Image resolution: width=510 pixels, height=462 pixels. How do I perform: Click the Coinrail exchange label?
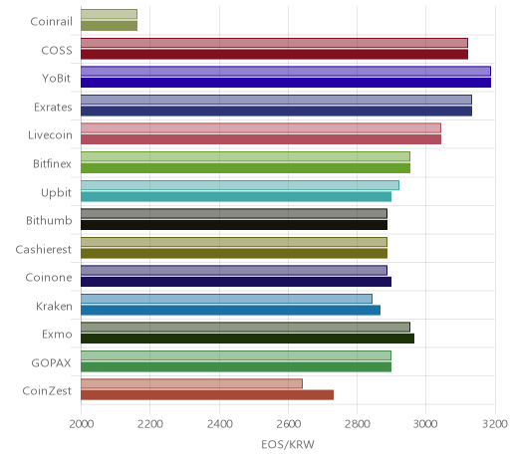[51, 22]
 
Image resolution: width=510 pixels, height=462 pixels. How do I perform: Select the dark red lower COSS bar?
[274, 54]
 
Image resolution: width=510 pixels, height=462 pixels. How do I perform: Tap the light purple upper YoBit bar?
[286, 71]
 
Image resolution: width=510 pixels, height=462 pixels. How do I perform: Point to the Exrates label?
[53, 108]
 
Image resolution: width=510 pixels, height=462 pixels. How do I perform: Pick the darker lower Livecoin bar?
[261, 139]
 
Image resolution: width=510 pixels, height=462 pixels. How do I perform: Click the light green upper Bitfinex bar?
[245, 156]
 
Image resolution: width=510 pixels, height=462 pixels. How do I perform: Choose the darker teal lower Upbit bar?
[236, 196]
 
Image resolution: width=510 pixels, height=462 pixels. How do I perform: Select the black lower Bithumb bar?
[234, 225]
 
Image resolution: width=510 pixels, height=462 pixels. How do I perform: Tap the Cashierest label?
[43, 249]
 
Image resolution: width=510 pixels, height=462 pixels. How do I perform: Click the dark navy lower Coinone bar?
[236, 282]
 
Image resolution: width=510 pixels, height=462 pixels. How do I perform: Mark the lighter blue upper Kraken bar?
[226, 299]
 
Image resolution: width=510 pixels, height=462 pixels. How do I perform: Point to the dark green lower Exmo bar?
[247, 339]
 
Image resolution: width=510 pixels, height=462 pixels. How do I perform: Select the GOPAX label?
[51, 363]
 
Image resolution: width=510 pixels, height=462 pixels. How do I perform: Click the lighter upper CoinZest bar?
[191, 383]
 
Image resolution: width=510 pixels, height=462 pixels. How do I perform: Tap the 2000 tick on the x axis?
[82, 424]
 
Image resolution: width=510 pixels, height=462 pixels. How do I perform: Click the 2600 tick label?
[288, 424]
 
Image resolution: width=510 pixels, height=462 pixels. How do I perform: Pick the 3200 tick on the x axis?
[495, 424]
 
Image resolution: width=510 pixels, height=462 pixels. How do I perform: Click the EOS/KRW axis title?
[288, 444]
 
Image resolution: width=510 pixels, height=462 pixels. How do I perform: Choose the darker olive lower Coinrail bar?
[109, 26]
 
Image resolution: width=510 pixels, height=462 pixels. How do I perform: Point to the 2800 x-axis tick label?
[358, 424]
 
